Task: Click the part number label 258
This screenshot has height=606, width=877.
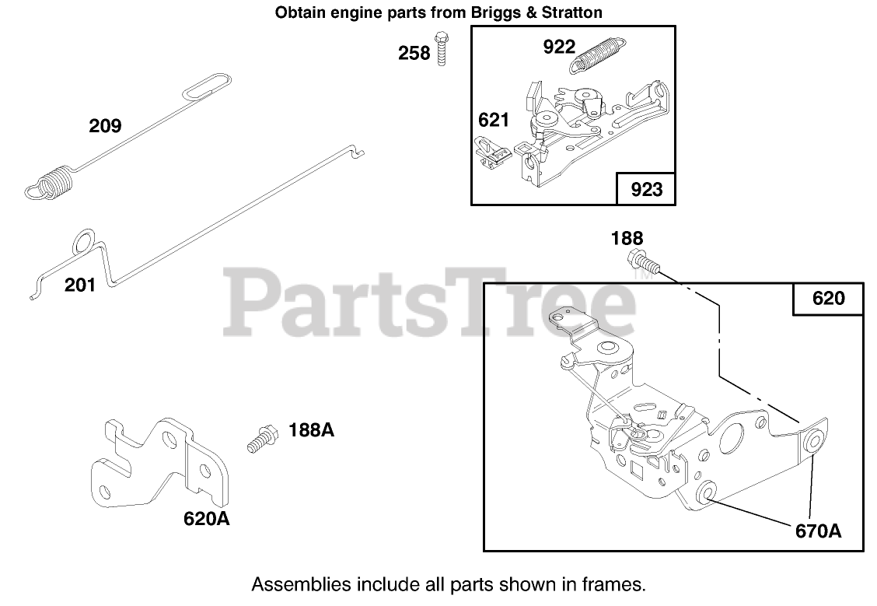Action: coord(414,53)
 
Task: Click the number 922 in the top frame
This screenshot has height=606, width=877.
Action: coord(558,47)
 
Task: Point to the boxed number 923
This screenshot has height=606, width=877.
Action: coord(645,189)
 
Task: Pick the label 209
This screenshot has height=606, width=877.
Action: coord(105,125)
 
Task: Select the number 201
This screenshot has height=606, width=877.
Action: coord(80,285)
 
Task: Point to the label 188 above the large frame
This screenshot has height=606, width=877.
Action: coord(627,238)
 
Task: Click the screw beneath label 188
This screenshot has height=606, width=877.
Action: coord(645,262)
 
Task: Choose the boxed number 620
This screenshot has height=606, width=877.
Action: coord(827,298)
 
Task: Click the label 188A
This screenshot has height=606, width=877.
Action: coord(311,429)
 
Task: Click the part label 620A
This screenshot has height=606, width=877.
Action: coord(206,518)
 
